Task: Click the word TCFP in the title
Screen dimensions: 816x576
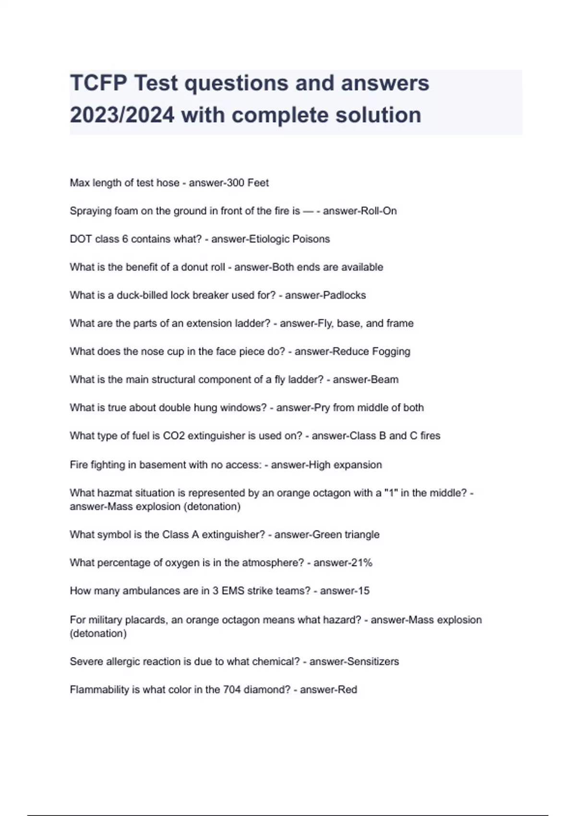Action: [x=98, y=84]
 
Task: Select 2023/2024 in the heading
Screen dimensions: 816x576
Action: [x=122, y=115]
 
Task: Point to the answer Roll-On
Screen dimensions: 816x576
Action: [x=378, y=211]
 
